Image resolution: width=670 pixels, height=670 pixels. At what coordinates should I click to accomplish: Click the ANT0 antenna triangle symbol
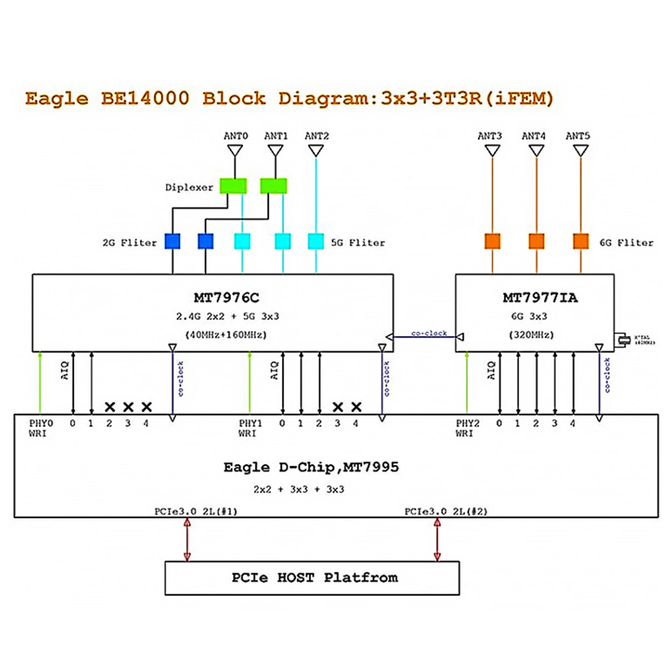[235, 150]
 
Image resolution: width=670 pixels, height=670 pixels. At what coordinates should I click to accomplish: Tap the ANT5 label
[577, 136]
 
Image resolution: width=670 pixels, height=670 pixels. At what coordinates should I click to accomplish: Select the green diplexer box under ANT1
[273, 186]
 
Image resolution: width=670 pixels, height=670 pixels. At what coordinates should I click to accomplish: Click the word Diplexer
[189, 188]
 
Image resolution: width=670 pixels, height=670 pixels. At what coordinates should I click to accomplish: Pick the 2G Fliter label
[129, 243]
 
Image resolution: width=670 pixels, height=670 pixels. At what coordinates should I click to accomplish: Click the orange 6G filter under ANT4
[536, 241]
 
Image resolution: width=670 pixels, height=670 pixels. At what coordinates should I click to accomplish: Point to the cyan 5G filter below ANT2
[316, 242]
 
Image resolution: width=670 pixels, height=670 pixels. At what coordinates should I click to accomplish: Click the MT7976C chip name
[226, 298]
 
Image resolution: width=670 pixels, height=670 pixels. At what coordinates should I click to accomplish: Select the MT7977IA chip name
[540, 298]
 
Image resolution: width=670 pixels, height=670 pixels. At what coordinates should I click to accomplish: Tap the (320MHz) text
[531, 335]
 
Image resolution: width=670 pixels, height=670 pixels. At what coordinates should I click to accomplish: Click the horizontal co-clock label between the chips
[429, 333]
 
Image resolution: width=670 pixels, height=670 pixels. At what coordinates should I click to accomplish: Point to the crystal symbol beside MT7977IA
[624, 340]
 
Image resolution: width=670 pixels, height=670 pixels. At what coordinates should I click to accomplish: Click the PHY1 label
[250, 423]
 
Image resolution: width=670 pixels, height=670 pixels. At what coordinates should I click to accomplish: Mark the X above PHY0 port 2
[110, 407]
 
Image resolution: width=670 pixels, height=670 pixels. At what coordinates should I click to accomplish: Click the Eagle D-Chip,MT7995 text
[311, 467]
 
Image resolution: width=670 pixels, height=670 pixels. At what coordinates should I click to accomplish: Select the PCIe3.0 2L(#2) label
[446, 512]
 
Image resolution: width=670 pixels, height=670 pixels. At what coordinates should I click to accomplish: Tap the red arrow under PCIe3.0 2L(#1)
[187, 540]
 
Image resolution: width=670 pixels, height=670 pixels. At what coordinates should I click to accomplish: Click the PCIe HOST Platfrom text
[314, 578]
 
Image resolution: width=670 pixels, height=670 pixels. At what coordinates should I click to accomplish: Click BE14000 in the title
[145, 98]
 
